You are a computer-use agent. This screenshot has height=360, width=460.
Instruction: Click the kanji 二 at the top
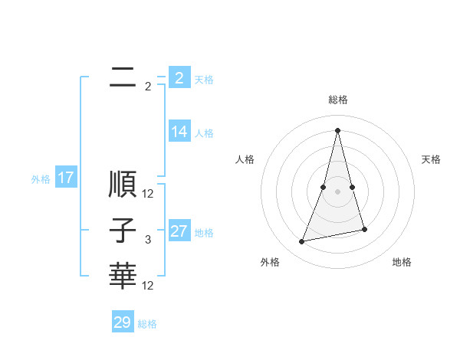click(x=123, y=77)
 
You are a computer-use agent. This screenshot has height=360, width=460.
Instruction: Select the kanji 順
click(x=123, y=185)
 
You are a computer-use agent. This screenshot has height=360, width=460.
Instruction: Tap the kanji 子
click(x=123, y=231)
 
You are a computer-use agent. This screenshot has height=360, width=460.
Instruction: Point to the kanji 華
click(x=123, y=277)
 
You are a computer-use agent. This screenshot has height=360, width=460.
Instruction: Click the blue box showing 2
click(x=179, y=78)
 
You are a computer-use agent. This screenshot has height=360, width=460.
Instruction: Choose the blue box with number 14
click(x=179, y=132)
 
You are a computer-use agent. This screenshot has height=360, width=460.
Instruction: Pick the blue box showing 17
click(x=66, y=178)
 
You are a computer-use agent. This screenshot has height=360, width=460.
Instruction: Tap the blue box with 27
click(x=179, y=231)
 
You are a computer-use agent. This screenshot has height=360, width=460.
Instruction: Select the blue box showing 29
click(x=123, y=322)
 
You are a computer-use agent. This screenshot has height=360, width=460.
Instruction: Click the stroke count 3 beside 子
click(x=148, y=241)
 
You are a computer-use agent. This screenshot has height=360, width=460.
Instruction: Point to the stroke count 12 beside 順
click(x=148, y=194)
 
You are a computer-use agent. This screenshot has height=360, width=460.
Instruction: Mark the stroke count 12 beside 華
click(x=148, y=286)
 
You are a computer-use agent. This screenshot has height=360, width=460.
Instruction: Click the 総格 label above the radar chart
click(x=338, y=100)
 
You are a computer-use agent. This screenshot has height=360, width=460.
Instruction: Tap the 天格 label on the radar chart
click(x=431, y=159)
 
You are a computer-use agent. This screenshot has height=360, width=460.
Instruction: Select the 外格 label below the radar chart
click(x=270, y=262)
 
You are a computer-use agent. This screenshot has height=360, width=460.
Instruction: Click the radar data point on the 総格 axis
click(x=338, y=129)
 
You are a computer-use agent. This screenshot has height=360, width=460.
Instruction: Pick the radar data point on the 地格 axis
click(x=364, y=229)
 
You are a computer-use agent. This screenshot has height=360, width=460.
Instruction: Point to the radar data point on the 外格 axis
click(x=302, y=241)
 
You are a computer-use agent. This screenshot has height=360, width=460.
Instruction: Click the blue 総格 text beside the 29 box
click(x=148, y=324)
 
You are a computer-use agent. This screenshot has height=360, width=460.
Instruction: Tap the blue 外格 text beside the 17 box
click(x=41, y=180)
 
